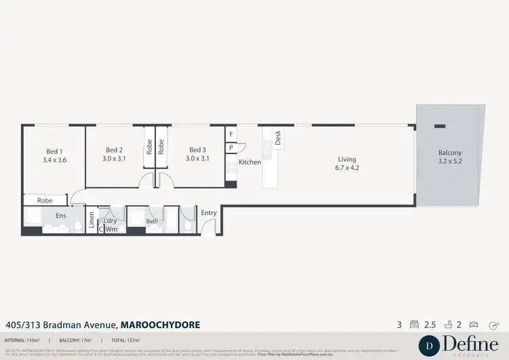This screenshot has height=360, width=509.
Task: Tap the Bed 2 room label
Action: [x=114, y=150]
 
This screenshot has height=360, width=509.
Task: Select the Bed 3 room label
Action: [x=197, y=150]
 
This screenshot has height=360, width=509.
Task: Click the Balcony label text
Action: [x=449, y=153]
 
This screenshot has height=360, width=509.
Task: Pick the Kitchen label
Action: [x=250, y=162]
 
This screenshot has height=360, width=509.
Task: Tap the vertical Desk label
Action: [x=278, y=138]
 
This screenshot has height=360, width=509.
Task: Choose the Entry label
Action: [x=209, y=213]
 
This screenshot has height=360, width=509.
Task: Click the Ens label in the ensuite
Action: [x=60, y=215]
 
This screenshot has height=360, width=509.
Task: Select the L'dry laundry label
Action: [x=109, y=221]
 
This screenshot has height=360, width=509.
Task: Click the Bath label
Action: [x=152, y=221]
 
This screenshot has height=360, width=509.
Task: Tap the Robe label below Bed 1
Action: [x=45, y=200]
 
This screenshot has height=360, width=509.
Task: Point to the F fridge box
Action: [x=231, y=134]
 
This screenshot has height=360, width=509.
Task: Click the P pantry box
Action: [x=231, y=147]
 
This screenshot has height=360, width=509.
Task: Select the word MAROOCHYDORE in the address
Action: [x=160, y=325]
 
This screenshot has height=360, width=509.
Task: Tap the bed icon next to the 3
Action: [x=413, y=325]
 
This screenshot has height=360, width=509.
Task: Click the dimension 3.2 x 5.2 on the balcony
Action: [x=449, y=162]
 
